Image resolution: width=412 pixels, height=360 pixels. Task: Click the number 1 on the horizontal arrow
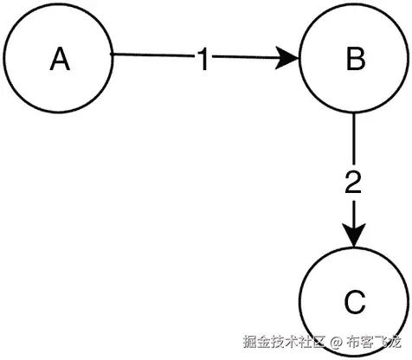tap(203, 61)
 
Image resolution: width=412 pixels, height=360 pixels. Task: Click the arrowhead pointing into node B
tap(291, 60)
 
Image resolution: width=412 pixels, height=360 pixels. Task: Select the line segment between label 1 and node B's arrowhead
tap(247, 59)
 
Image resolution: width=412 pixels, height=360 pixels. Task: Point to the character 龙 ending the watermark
tap(400, 343)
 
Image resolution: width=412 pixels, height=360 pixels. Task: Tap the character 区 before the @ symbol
tap(318, 343)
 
